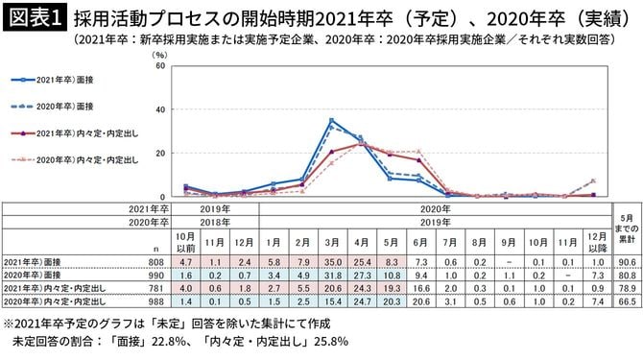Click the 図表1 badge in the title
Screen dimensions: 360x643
pyautogui.click(x=31, y=16)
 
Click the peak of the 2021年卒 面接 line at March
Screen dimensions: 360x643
pyautogui.click(x=331, y=120)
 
